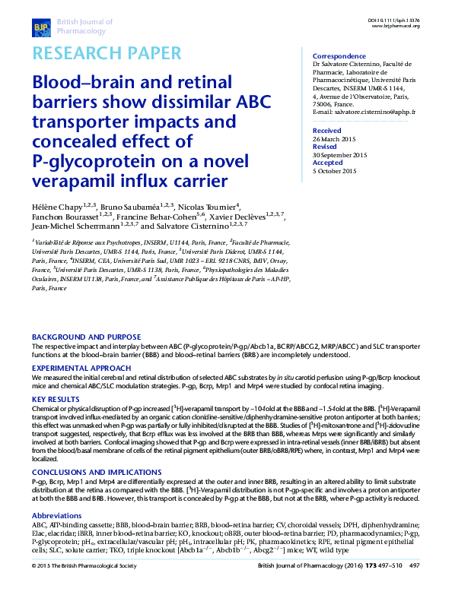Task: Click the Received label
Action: pos(327,131)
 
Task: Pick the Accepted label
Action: pos(328,163)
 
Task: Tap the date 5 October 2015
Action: pos(335,171)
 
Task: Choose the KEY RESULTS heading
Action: pos(56,398)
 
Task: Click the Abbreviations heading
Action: pos(59,515)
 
